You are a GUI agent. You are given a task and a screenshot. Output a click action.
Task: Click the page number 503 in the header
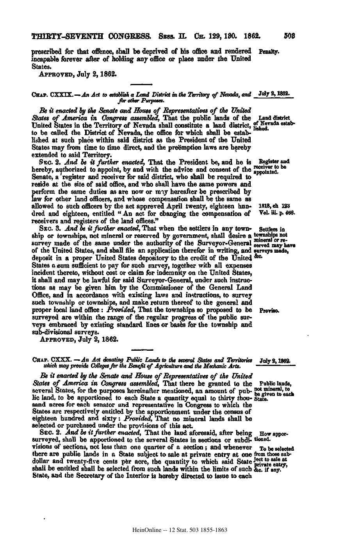[289, 38]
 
